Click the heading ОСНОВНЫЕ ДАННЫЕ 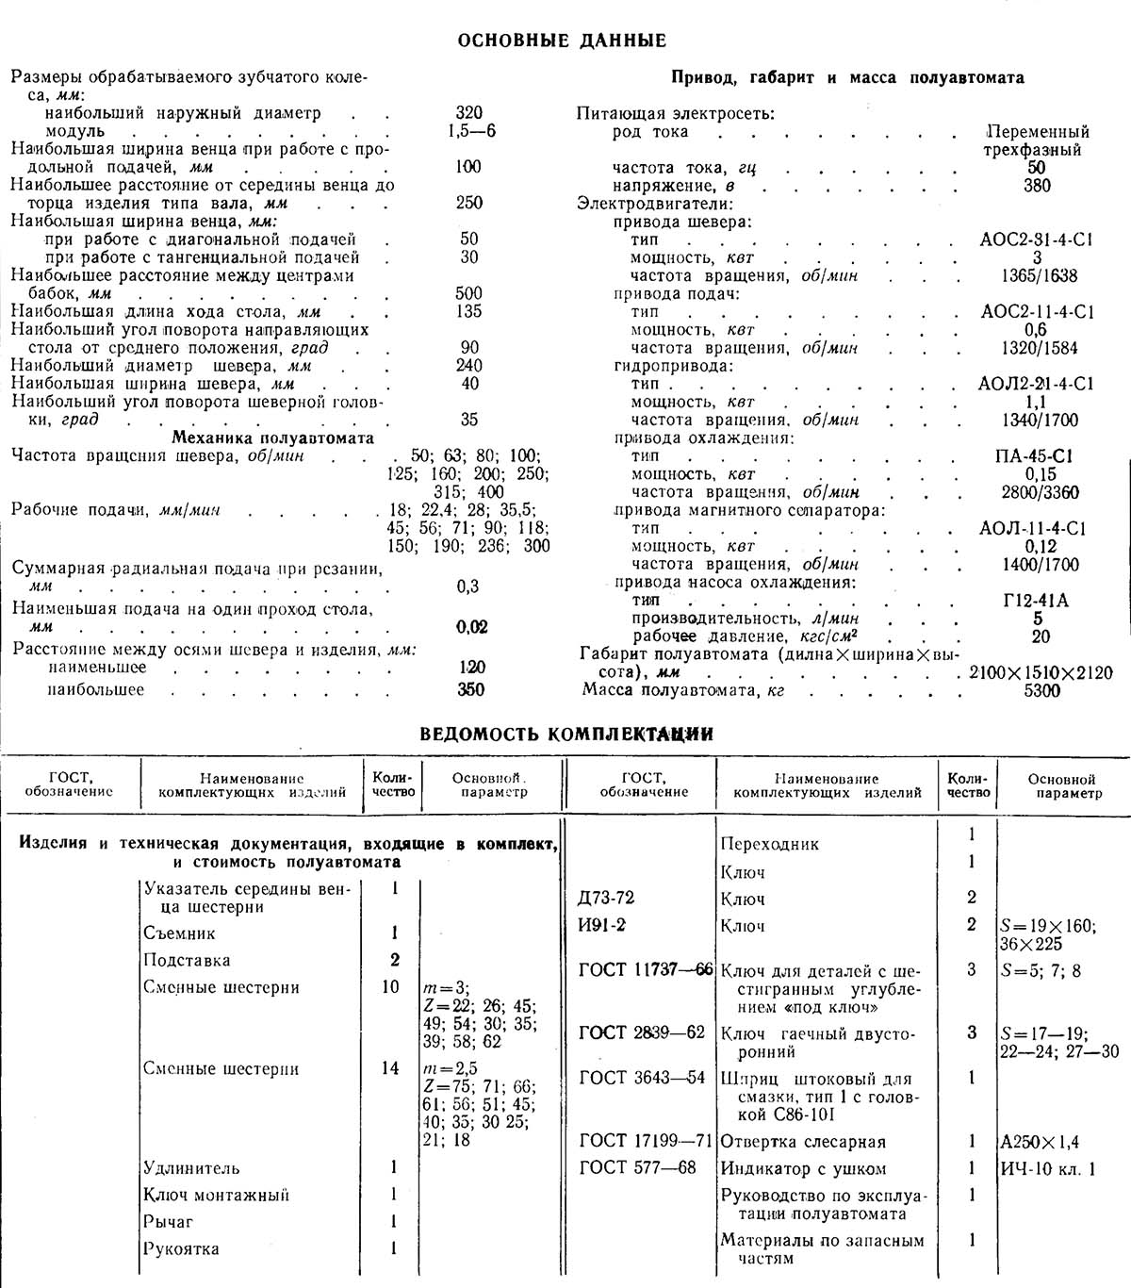[561, 41]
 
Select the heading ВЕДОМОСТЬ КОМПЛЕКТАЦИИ [565, 734]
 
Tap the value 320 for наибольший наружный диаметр [467, 113]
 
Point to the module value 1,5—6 [471, 131]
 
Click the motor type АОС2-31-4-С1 [1037, 239]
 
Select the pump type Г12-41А [1037, 601]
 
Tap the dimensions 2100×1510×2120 [1041, 673]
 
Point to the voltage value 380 [1037, 186]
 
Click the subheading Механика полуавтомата [272, 438]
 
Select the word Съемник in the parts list [179, 933]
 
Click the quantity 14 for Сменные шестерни [390, 1068]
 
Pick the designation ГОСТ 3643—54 [642, 1078]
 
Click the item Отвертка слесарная [803, 1142]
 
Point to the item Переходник [769, 844]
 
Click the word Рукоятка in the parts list [181, 1249]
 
